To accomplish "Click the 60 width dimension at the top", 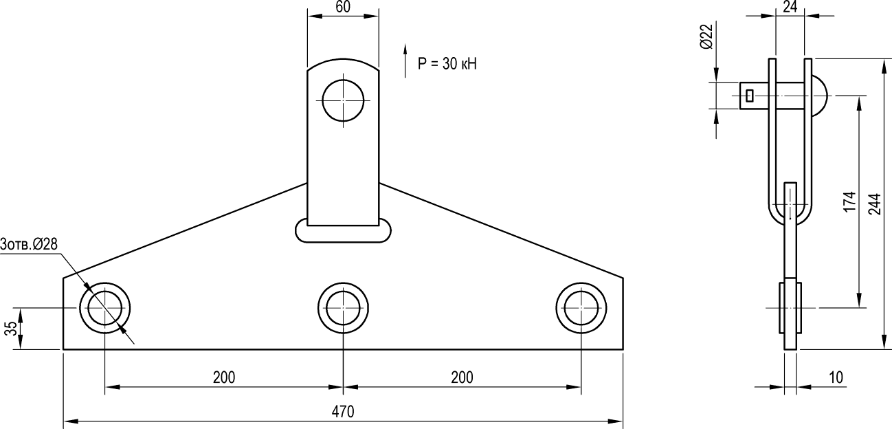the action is pos(343,7).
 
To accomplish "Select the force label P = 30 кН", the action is pos(447,64).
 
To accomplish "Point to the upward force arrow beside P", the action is pos(405,60).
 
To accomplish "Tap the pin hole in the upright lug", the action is pos(343,100).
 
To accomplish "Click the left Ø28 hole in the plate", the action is pos(104,308).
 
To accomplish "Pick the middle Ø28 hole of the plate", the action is pos(343,308).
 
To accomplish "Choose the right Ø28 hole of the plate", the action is pos(581,308).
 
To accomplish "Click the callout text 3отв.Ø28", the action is pos(29,244).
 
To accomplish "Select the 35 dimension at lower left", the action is pos(12,329).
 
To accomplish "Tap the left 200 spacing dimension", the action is pos(224,377).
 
